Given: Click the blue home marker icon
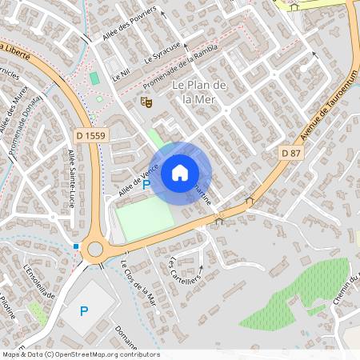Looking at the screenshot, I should (x=180, y=172).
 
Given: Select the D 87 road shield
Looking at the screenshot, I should (x=291, y=152).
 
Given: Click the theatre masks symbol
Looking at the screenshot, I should (x=146, y=102).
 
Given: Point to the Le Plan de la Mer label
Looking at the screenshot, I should (x=200, y=92).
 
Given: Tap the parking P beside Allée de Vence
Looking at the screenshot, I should (x=146, y=184).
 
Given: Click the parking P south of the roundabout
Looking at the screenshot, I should (x=84, y=310).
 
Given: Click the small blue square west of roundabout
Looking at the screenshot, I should (x=76, y=246).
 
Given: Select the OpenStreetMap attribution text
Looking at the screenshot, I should (x=80, y=354).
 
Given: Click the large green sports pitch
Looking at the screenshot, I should (x=145, y=218).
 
